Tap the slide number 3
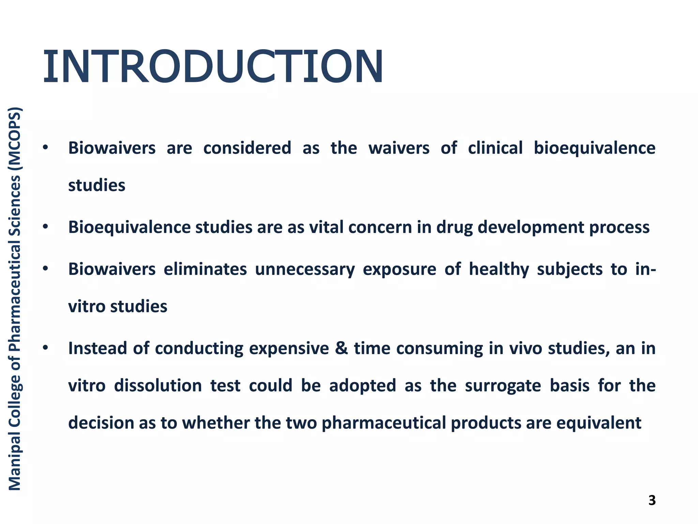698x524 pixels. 652,500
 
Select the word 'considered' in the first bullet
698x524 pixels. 247,148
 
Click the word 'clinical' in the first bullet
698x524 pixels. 495,148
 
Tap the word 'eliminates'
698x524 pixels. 205,269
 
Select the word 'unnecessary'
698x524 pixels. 305,270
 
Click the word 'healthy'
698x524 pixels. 499,270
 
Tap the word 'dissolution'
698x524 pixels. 158,385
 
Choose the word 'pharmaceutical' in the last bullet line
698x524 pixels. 384,423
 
